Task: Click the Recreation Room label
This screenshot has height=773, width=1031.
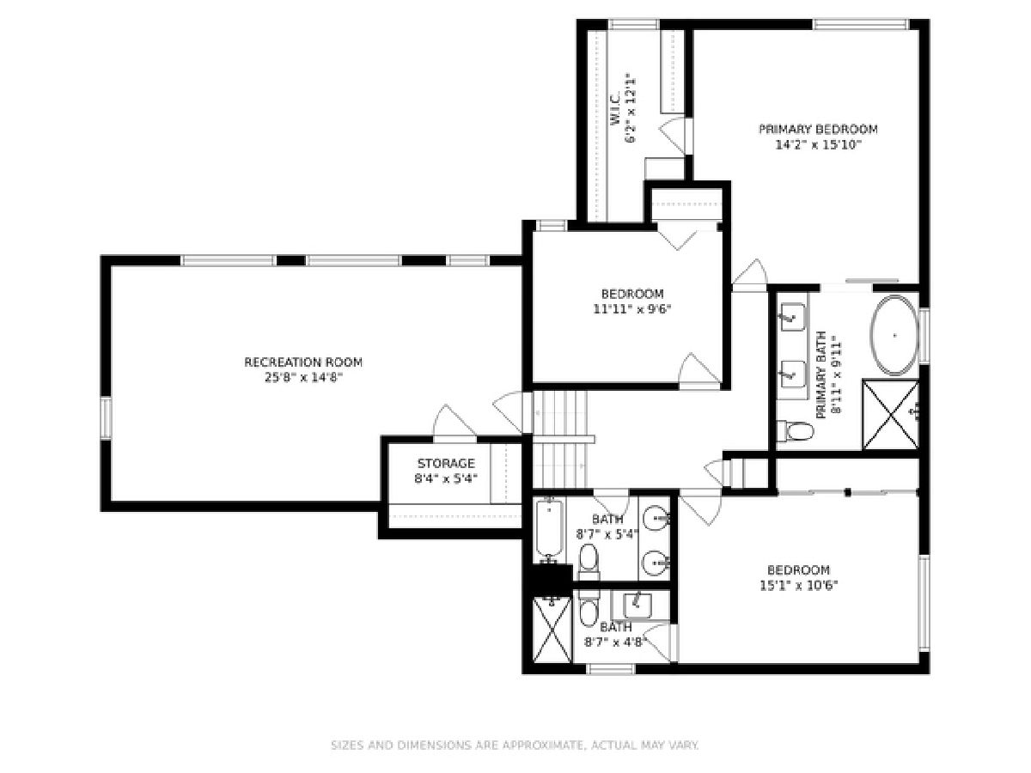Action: pos(303,362)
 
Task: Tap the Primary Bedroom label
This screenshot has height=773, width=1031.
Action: pos(818,129)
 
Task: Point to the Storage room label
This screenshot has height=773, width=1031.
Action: pos(446,464)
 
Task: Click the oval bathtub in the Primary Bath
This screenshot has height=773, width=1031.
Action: pos(894,335)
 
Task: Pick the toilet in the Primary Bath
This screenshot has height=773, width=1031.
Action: pos(795,431)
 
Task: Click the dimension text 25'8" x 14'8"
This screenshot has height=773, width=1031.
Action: pos(303,378)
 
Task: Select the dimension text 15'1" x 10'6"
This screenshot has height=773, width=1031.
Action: pos(798,586)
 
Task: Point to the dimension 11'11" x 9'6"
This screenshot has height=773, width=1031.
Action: pos(632,309)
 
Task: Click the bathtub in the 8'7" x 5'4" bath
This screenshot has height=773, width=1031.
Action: pos(549,530)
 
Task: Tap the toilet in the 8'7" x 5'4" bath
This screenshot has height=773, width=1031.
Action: pos(589,563)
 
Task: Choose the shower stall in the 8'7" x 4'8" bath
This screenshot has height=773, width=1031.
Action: pos(552,630)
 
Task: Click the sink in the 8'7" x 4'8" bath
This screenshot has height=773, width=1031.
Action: pos(638,605)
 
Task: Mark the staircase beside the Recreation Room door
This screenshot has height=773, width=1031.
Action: pos(560,439)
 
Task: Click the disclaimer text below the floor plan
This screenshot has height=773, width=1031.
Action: pos(515,746)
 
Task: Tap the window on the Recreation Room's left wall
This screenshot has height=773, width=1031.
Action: pos(107,417)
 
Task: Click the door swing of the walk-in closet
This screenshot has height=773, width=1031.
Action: pos(674,135)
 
